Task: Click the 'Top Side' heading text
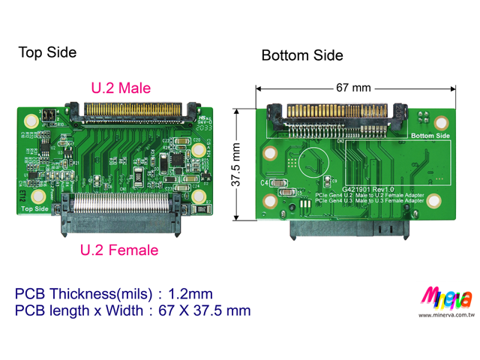point(47,52)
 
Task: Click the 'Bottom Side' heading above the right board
point(301,55)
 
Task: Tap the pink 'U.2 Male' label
point(121,88)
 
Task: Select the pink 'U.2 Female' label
point(119,250)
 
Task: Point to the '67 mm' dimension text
point(353,88)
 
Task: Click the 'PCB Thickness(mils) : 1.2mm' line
point(114,293)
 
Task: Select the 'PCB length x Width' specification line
point(133,310)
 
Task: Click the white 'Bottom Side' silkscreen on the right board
point(430,136)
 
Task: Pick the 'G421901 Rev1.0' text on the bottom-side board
point(368,190)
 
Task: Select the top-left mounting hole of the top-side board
point(31,121)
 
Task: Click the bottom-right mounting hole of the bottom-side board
point(440,202)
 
